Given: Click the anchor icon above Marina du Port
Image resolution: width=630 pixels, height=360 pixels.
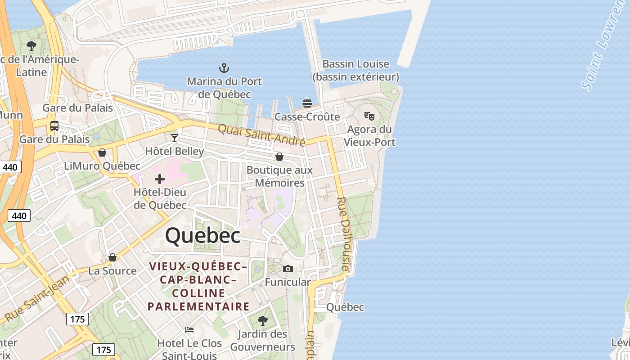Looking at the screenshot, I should [224, 68].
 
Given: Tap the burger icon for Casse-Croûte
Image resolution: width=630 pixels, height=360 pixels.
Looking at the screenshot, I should [307, 103].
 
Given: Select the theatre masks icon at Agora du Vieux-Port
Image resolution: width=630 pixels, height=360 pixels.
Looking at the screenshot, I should [369, 116].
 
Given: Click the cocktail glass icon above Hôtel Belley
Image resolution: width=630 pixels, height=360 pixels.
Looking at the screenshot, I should [175, 138].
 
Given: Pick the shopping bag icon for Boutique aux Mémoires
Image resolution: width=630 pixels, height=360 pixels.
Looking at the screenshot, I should [279, 157].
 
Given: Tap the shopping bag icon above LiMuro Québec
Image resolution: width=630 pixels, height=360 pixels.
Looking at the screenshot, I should [102, 153].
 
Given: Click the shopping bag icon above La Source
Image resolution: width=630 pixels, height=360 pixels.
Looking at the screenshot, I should [112, 257].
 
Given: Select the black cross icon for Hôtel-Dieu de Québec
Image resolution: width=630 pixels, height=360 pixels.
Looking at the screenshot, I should [160, 180].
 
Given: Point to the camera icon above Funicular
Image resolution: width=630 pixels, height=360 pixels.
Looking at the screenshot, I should [288, 269].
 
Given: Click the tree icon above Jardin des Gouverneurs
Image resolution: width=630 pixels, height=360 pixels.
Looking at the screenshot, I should [263, 321].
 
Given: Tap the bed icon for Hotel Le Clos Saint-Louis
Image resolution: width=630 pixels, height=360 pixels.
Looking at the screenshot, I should [189, 330].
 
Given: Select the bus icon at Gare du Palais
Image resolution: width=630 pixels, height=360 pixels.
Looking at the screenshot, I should [54, 126].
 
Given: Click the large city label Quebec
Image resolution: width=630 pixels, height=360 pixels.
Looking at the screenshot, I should [202, 236].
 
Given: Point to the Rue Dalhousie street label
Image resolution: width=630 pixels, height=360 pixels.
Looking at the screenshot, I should [343, 234].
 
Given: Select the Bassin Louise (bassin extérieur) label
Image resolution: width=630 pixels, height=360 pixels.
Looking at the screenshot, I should [355, 70].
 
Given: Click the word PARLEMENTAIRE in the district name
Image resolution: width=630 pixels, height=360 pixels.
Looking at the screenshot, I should [198, 307].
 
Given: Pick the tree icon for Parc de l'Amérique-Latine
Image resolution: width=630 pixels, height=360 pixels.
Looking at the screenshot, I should [31, 45].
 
